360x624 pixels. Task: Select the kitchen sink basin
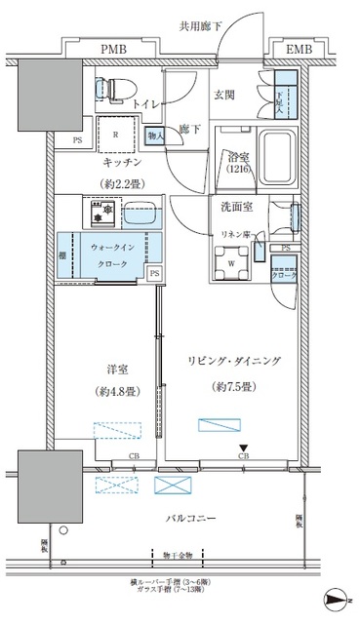[x=140, y=210]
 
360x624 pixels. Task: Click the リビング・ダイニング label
[x=234, y=361]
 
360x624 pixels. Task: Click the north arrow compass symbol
[x=335, y=602]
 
